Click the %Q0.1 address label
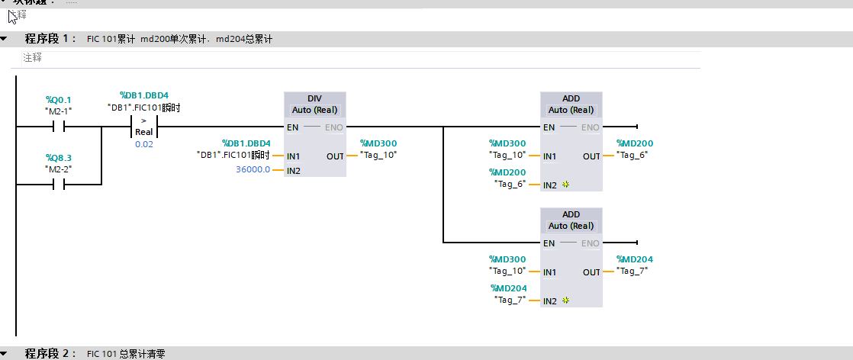pyautogui.click(x=58, y=100)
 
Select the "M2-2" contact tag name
pyautogui.click(x=58, y=169)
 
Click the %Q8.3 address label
pyautogui.click(x=58, y=158)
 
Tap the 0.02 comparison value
pyautogui.click(x=143, y=144)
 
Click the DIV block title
pyautogui.click(x=314, y=99)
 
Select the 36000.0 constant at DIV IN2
pyautogui.click(x=253, y=169)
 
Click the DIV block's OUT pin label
pyautogui.click(x=335, y=156)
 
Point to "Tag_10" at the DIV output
pyautogui.click(x=378, y=156)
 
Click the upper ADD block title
pyautogui.click(x=571, y=99)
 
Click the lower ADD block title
pyautogui.click(x=571, y=215)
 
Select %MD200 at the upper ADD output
pyautogui.click(x=635, y=143)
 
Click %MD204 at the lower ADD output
pyautogui.click(x=635, y=259)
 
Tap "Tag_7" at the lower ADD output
pyautogui.click(x=635, y=271)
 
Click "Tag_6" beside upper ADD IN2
pyautogui.click(x=510, y=184)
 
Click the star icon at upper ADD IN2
pyautogui.click(x=565, y=185)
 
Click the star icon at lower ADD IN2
pyautogui.click(x=565, y=301)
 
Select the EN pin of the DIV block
pyautogui.click(x=293, y=127)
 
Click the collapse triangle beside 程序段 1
pyautogui.click(x=5, y=38)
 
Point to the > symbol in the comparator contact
pyautogui.click(x=144, y=121)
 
